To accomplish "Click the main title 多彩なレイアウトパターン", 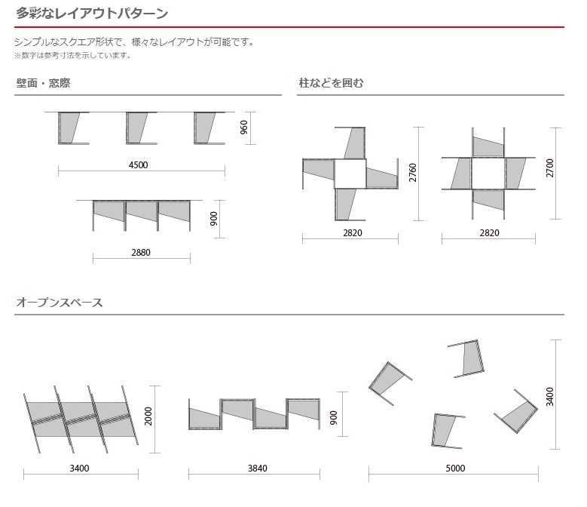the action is coord(92,14).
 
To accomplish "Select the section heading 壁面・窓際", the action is coord(43,83).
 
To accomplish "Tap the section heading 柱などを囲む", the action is coord(331,83).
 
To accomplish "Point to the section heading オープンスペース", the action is coord(59,303).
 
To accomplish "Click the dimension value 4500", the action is coord(138,165).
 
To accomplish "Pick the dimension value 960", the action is coord(243,128).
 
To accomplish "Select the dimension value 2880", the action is coord(141,253).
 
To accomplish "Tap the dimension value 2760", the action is coord(412,173).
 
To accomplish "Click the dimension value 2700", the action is coord(549,168).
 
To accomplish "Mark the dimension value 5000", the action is coord(455,469).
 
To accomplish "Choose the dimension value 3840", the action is coord(258,469).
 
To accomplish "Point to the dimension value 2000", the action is coord(148,416).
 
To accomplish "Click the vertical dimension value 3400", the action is coord(549,397).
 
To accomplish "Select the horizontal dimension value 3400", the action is coord(79,469).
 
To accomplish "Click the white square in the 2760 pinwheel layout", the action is coord(350,174).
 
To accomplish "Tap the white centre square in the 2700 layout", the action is coord(488,173).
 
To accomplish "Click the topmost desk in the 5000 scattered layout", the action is coord(467,358).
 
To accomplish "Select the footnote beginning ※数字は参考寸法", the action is coord(73,56).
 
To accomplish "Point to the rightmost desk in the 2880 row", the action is coord(174,216).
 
